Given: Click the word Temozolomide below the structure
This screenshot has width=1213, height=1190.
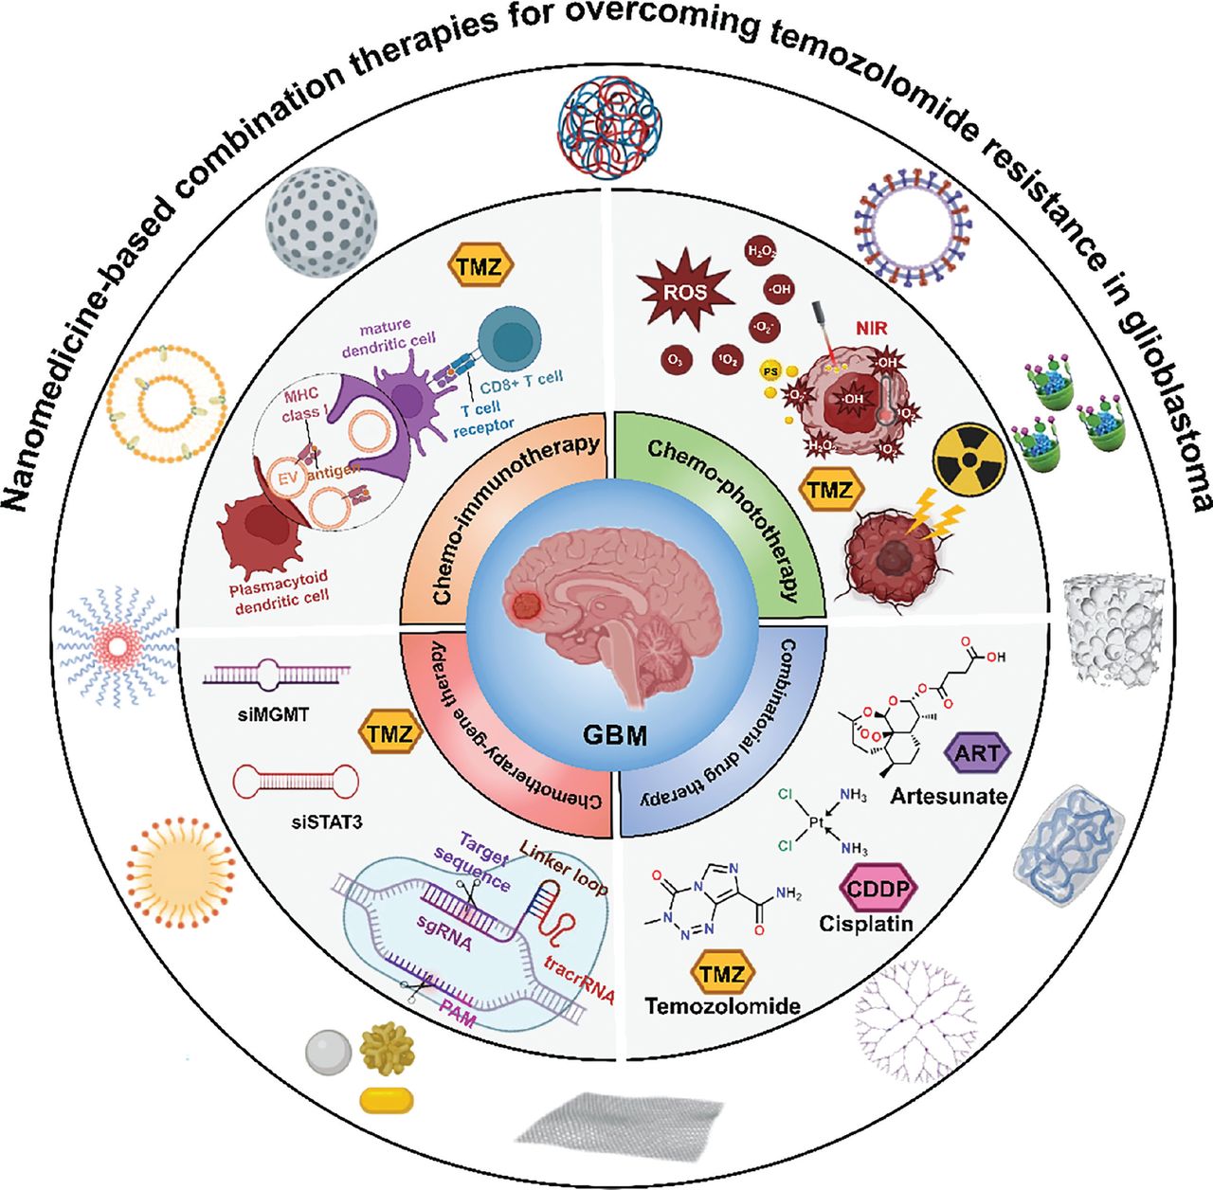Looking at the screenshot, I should [722, 1005].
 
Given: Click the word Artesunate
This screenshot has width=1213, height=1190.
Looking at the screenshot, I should [949, 796].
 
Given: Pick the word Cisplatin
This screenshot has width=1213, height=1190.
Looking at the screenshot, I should [866, 922].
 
